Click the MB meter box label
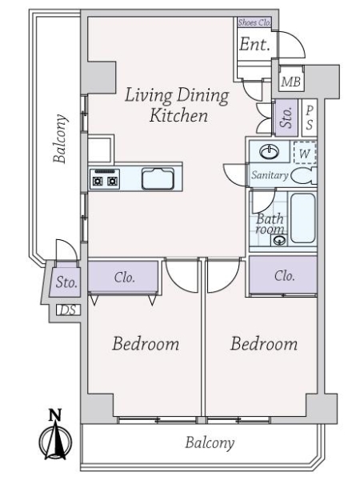[x=291, y=82]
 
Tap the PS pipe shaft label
[x=310, y=118]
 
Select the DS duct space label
[x=68, y=310]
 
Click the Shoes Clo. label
[x=254, y=22]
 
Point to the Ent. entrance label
[x=254, y=45]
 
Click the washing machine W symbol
[x=305, y=153]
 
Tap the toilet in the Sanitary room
[x=303, y=176]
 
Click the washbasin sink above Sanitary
[x=269, y=151]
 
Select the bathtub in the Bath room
[x=302, y=218]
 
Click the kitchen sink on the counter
[x=158, y=178]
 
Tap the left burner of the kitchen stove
[x=98, y=182]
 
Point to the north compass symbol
[x=56, y=440]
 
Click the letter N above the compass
[x=55, y=414]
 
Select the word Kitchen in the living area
[x=178, y=116]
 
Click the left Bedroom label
[x=146, y=343]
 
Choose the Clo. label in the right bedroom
[x=285, y=276]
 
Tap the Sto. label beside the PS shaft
[x=286, y=118]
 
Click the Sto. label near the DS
[x=66, y=282]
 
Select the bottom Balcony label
[x=210, y=442]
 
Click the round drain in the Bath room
[x=279, y=240]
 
